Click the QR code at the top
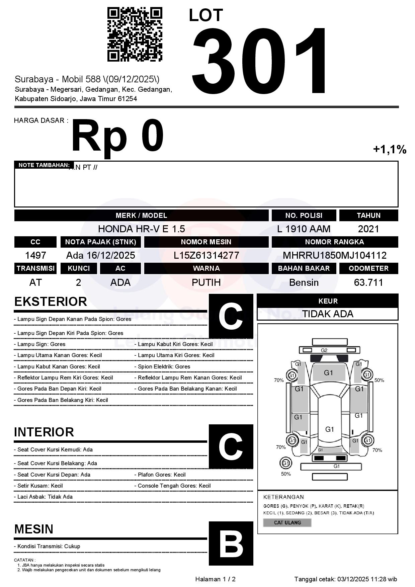pos(135,34)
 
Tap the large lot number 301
pos(259,60)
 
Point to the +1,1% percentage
pos(390,149)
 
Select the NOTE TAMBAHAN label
pos(44,165)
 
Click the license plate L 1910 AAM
pos(304,229)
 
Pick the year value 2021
pos(368,229)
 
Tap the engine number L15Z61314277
pos(206,255)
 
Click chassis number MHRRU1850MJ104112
pos(334,255)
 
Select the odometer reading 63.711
pos(368,282)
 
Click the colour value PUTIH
pos(206,282)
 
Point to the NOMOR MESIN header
pos(206,242)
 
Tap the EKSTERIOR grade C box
pos(231,316)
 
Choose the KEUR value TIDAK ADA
pos(328,314)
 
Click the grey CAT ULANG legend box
pos(287,522)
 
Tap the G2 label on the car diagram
pos(324,350)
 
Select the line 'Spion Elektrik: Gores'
pos(164,366)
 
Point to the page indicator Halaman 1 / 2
pos(215,579)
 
